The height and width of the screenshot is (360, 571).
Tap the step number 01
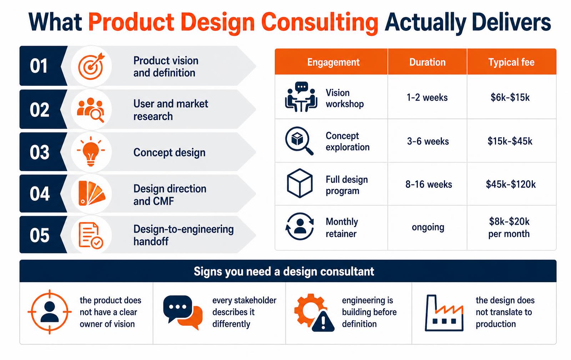coord(39,66)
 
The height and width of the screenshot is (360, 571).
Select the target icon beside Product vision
coord(91,66)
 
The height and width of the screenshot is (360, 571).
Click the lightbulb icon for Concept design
coord(91,151)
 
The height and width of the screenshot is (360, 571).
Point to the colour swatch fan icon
coord(91,193)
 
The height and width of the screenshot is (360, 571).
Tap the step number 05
coord(40,235)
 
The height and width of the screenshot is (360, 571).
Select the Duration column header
coord(428,62)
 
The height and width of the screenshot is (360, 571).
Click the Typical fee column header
coord(511,62)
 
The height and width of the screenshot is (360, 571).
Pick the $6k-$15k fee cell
coord(510,97)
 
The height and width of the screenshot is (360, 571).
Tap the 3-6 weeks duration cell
coord(428,141)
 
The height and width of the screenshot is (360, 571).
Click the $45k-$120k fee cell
coord(511,184)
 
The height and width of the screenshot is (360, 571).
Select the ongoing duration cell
coord(428,227)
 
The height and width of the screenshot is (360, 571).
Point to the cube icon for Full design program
coord(300,183)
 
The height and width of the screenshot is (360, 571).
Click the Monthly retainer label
coord(342,227)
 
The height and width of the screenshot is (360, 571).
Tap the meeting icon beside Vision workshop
coord(301,97)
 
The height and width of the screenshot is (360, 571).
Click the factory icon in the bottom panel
coord(444,313)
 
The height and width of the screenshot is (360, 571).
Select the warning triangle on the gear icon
coord(323,321)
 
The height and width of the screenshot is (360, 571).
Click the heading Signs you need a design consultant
coord(284,271)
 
